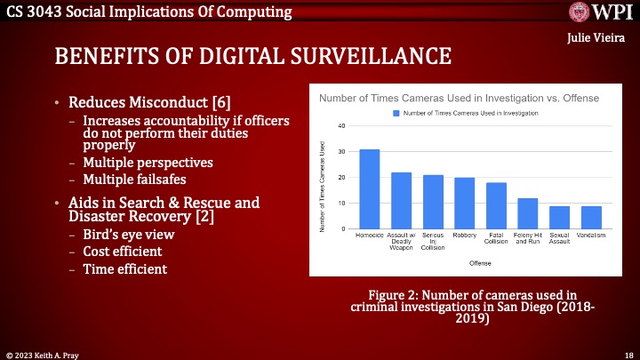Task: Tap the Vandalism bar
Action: [592, 218]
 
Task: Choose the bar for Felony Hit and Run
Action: [528, 214]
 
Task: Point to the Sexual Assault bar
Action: [560, 218]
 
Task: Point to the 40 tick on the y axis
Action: [341, 125]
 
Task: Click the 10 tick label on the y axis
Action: [341, 204]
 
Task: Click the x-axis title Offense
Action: [480, 263]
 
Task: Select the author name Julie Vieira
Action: [597, 40]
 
